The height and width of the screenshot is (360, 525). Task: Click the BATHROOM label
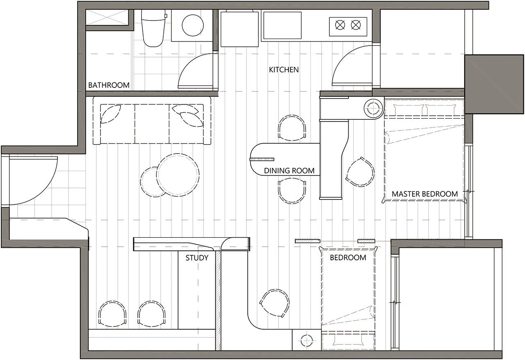tap(109, 85)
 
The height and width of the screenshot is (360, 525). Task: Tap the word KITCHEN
tap(284, 70)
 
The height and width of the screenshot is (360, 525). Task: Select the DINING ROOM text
tap(289, 170)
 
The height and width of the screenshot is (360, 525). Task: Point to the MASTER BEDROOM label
tap(425, 194)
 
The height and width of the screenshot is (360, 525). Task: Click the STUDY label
tap(197, 258)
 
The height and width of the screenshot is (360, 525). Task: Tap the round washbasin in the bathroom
tap(193, 25)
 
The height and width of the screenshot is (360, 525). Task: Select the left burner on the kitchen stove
tap(340, 25)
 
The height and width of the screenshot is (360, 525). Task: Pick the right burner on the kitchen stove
tap(356, 25)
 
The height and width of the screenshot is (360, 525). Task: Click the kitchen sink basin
tap(283, 25)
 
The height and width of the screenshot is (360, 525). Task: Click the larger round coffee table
tap(178, 175)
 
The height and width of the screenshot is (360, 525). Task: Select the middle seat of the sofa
tap(152, 124)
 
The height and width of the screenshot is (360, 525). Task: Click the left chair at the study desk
tap(112, 314)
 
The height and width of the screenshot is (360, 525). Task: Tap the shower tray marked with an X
tap(107, 17)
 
